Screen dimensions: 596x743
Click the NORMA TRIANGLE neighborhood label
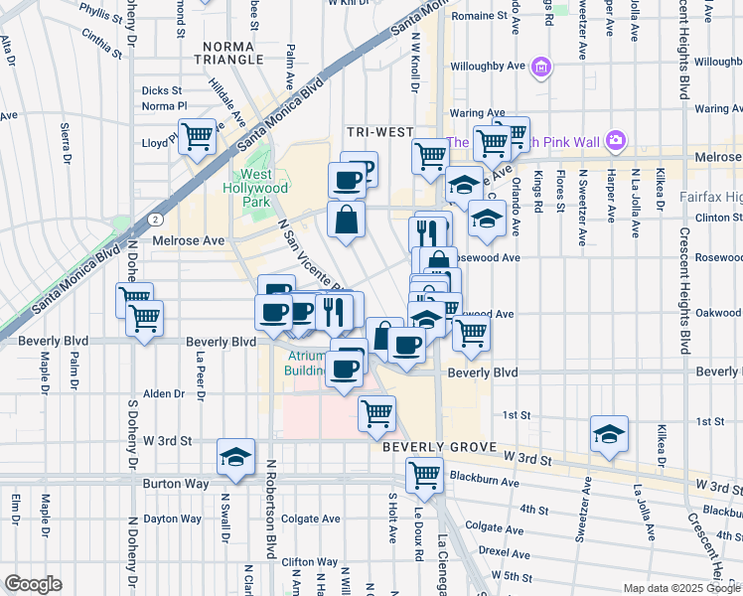tap(233, 53)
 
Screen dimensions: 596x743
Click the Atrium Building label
tap(308, 363)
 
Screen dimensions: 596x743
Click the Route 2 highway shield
tap(157, 218)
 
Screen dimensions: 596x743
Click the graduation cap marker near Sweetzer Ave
tap(609, 434)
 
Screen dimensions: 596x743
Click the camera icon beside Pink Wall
tap(615, 140)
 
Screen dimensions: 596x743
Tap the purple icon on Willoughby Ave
tap(541, 68)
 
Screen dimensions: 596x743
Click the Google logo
tap(33, 584)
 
